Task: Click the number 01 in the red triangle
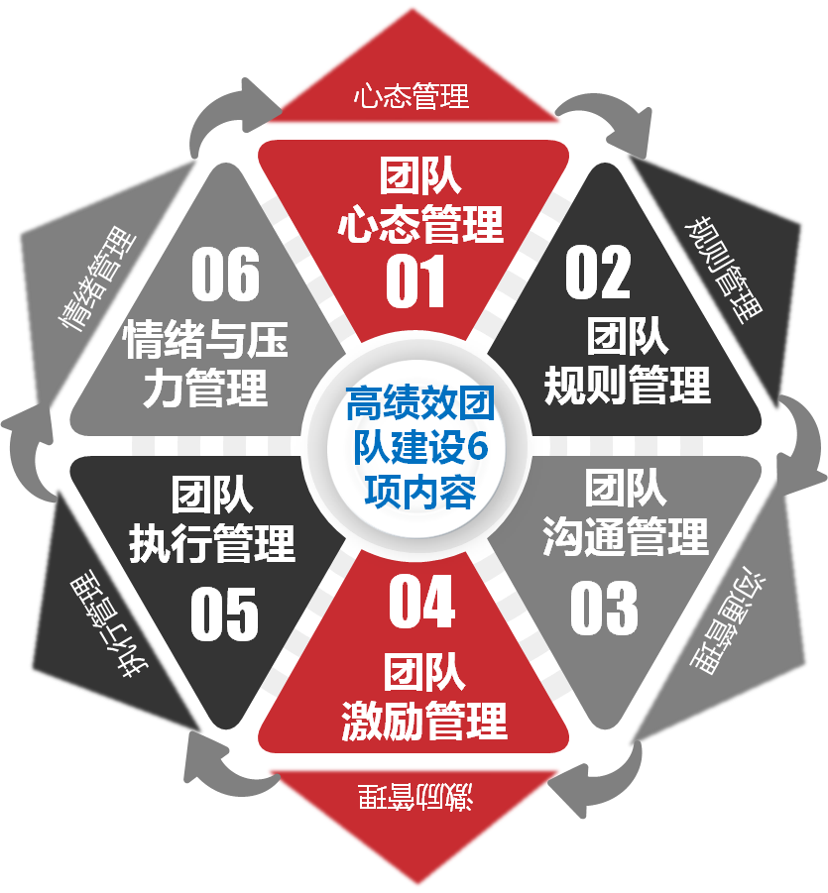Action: coord(414,281)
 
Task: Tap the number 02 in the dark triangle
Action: coord(598,273)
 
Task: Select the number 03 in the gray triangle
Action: coord(604,608)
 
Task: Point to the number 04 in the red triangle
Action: coord(421,602)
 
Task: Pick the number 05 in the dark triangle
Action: coord(224,614)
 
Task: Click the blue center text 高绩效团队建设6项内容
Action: coord(420,447)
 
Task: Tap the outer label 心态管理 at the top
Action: coord(412,96)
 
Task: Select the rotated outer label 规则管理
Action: coord(723,270)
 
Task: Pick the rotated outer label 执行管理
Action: coord(109,627)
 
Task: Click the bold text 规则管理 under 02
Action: coord(628,386)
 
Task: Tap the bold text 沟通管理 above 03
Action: coord(625,536)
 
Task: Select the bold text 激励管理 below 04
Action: coord(424,721)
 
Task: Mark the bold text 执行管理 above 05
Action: coord(212,544)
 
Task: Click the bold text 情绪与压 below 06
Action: coord(206,339)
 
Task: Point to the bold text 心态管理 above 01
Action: coord(420,224)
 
